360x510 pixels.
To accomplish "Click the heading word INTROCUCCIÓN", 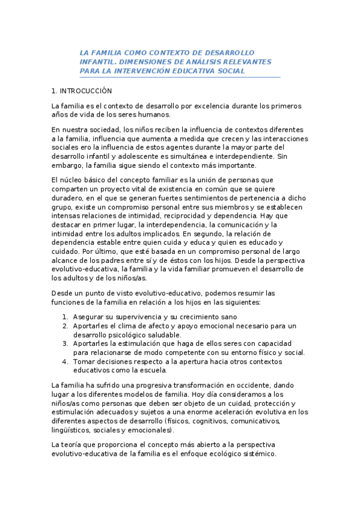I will tap(86, 91).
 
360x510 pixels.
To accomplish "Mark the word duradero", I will tap(67, 198).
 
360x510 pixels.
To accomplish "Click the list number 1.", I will tap(66, 317).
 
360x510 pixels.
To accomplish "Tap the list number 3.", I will tap(66, 343).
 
